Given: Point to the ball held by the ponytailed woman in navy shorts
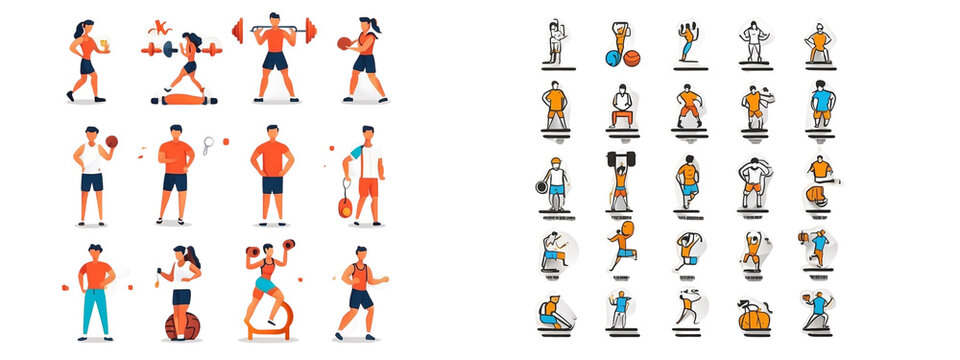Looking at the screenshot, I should [x=344, y=43].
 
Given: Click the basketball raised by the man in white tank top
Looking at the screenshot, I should [x=111, y=141].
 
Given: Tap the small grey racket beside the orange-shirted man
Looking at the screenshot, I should [x=208, y=145].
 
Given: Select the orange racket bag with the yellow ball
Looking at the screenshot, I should [x=343, y=207].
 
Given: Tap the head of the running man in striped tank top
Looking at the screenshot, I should [x=360, y=253].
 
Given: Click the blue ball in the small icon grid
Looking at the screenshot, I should [x=612, y=58].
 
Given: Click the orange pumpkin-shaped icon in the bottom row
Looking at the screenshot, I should [x=755, y=317].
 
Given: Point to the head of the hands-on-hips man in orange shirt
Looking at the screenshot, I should [x=271, y=132].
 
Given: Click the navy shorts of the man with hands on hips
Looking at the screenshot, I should [x=272, y=185].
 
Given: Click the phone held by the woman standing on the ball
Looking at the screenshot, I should [x=158, y=271].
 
